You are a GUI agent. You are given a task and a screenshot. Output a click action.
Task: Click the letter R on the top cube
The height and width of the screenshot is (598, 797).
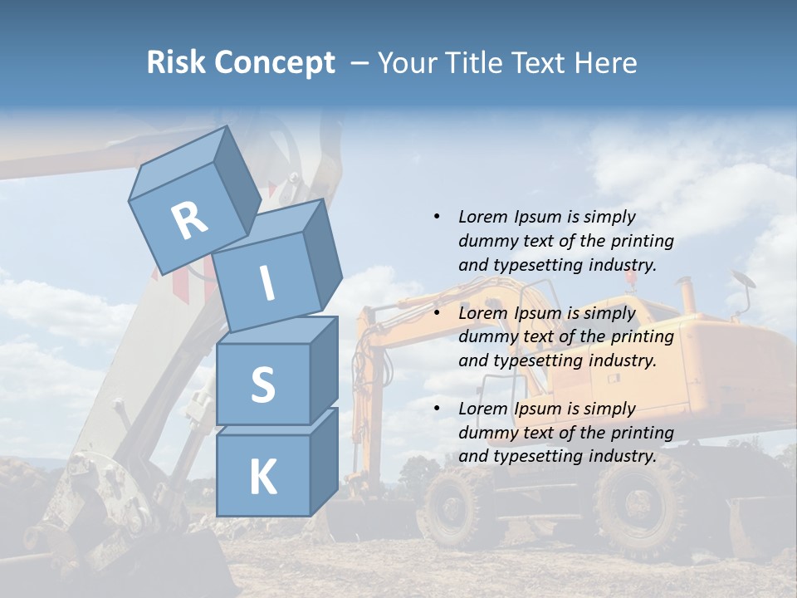189,221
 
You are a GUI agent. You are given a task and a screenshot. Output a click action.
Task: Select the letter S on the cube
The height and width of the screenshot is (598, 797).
262,385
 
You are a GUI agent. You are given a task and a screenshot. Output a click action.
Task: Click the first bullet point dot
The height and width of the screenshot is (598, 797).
436,217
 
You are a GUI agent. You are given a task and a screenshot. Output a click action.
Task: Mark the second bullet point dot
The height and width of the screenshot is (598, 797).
436,313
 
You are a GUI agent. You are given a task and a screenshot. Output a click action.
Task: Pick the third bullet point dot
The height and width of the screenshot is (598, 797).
436,409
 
